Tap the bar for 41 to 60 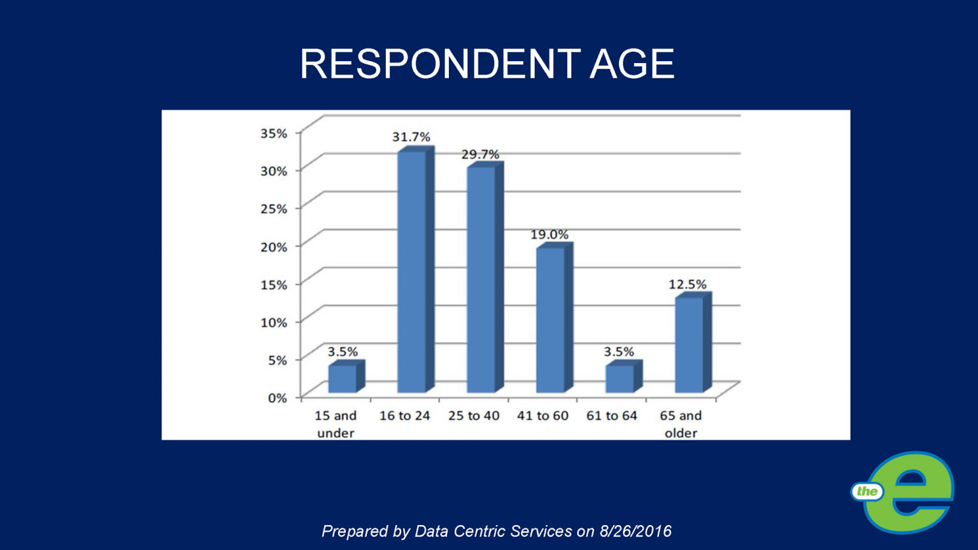(x=550, y=319)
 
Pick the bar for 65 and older (x=689, y=344)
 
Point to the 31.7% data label (x=411, y=137)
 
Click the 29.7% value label (x=480, y=154)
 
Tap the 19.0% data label (x=549, y=235)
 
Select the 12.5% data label (x=687, y=284)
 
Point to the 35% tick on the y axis (x=274, y=133)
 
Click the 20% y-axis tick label (x=274, y=247)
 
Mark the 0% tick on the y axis (x=277, y=398)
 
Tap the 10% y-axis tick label (x=274, y=322)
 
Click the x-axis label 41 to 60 (x=542, y=416)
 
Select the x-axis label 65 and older (x=681, y=424)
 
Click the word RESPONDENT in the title (x=439, y=64)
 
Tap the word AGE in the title (x=632, y=64)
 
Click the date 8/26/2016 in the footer (x=635, y=531)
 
